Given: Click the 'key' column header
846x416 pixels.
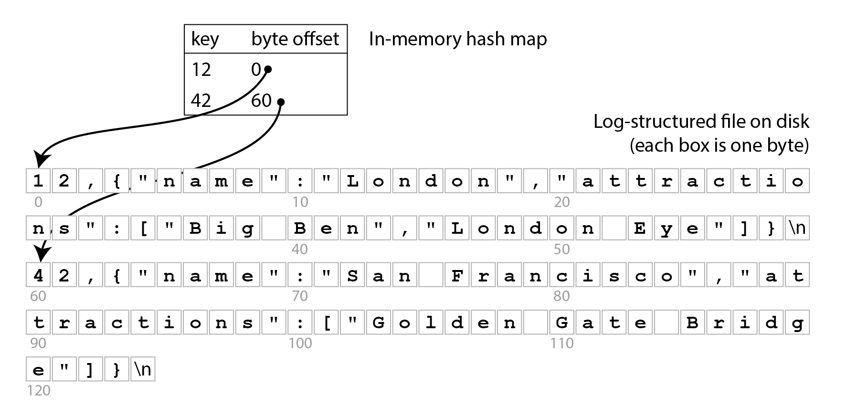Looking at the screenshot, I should (205, 39).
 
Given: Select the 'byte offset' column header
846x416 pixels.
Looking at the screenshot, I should (295, 39).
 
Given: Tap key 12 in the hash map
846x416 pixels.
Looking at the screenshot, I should (201, 70).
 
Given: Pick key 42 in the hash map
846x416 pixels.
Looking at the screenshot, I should (201, 101).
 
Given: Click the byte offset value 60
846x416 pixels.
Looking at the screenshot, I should (261, 101).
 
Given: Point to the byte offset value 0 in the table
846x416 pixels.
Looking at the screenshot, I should (256, 70).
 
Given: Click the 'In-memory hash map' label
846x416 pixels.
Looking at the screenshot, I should (458, 39).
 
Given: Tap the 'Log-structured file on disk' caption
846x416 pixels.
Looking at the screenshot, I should (701, 122).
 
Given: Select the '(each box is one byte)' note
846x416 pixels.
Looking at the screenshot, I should (719, 145).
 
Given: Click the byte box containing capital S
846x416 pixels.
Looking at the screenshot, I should (352, 275).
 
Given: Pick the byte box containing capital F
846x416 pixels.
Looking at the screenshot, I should (457, 275).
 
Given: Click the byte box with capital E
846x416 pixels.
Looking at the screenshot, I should (640, 228).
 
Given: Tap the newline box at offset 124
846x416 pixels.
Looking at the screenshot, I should (143, 370).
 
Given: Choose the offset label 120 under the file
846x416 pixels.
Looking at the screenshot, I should (39, 391).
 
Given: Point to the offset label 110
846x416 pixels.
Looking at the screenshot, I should (561, 343).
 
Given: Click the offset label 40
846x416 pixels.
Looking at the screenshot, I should (300, 249).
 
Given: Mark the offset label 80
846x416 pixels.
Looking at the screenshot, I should (561, 296).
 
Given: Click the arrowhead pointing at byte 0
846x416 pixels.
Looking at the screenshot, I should (41, 159).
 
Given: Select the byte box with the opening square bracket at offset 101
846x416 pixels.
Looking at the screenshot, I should (327, 322).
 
